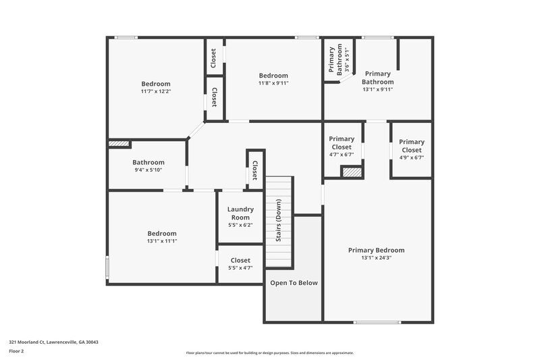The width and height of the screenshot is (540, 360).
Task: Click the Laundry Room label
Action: point(240,213)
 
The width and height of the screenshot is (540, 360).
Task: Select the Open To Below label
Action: point(294,283)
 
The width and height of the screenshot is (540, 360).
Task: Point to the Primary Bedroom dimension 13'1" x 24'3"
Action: point(376,257)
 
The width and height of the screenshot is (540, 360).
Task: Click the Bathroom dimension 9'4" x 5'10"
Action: point(148,170)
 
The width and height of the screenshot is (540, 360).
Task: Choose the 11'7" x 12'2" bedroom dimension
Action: point(156,91)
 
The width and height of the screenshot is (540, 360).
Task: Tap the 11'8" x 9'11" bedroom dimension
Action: point(273,83)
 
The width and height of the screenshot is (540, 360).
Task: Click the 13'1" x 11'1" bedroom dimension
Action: point(162,241)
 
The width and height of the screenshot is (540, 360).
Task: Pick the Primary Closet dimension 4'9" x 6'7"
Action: point(411,158)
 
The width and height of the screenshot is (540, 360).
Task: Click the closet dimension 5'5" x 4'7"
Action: point(240,268)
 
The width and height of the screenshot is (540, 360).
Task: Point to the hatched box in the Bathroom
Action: point(119,143)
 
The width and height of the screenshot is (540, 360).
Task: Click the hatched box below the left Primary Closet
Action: point(352,172)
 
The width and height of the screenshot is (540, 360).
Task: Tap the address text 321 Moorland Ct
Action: point(53,342)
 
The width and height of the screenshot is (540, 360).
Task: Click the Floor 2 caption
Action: point(17,351)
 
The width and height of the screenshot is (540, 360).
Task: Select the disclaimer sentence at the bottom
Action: point(270,353)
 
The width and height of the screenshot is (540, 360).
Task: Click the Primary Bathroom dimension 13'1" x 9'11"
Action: point(377,89)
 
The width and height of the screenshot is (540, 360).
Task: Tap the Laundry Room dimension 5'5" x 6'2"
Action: point(240,225)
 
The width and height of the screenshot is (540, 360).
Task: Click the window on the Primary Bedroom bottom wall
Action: point(377,322)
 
